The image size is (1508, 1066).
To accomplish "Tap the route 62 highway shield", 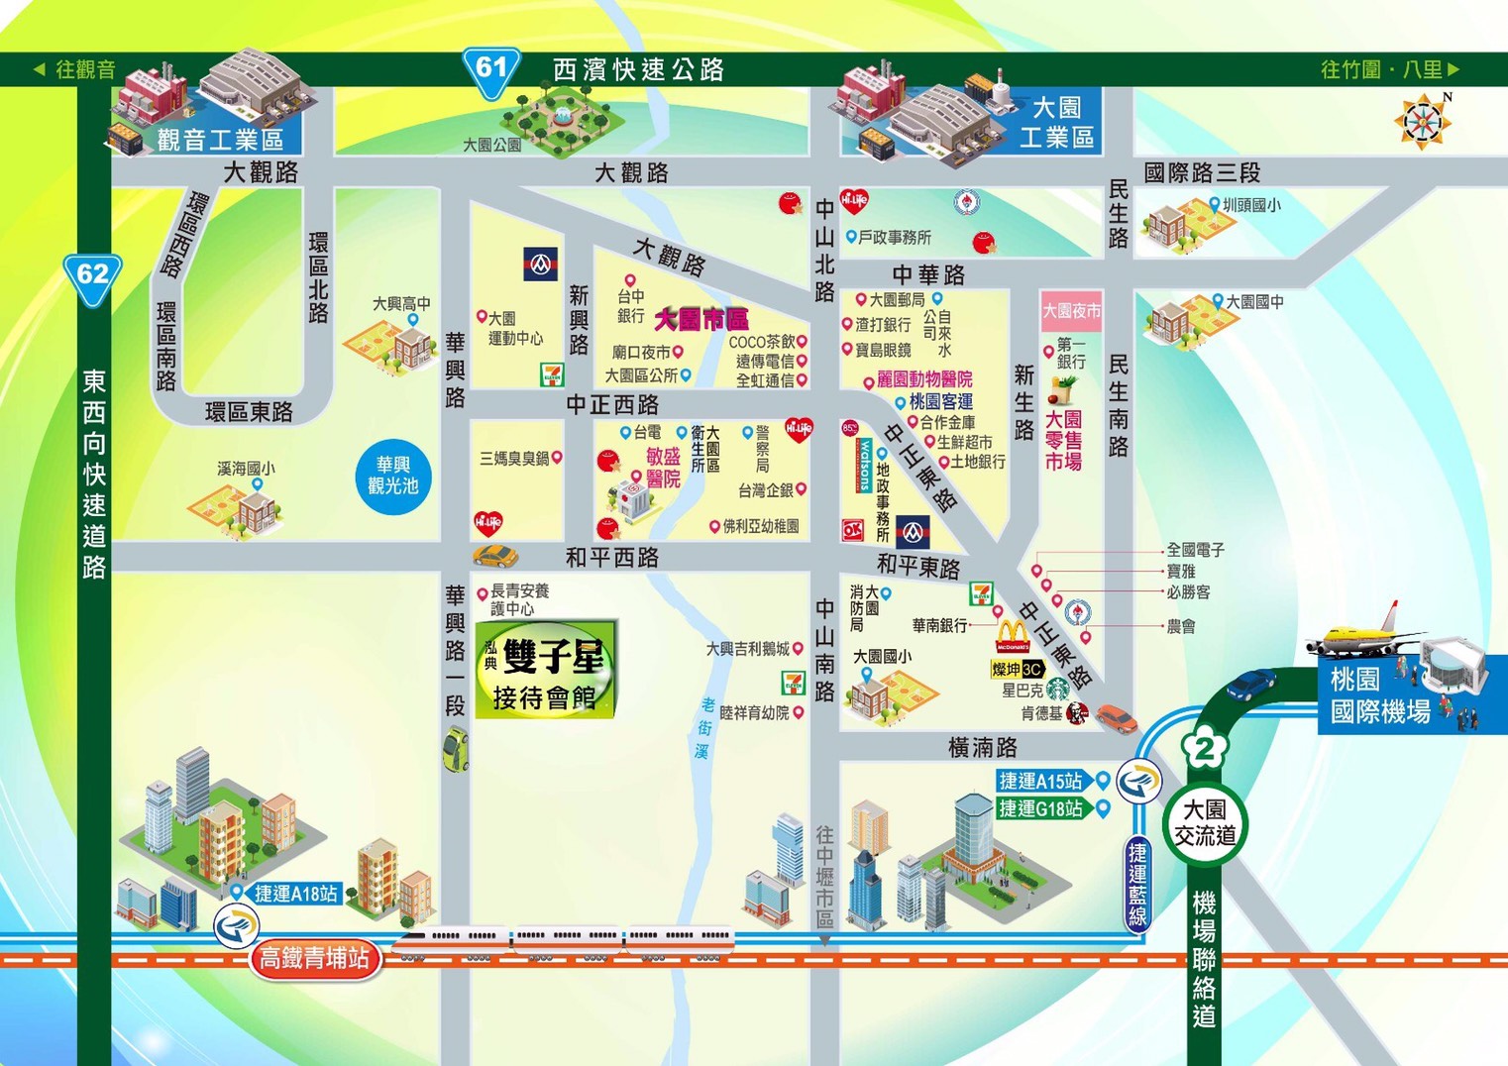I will (x=92, y=276).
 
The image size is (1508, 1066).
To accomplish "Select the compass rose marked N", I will (x=1423, y=122).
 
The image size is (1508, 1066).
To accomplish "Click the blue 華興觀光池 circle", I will (x=393, y=476).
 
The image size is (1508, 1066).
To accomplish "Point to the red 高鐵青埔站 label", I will (x=315, y=958).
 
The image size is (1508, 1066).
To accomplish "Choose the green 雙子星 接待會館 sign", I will (x=547, y=670).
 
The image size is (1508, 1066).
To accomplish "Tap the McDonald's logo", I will (x=1012, y=636).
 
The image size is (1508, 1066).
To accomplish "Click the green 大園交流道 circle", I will (x=1205, y=823).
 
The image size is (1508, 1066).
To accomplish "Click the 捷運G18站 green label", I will (x=1040, y=808).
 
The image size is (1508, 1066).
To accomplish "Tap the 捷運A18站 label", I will (x=295, y=894).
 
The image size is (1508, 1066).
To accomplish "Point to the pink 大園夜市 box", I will (x=1071, y=311).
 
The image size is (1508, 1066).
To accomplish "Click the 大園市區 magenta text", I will (x=701, y=319).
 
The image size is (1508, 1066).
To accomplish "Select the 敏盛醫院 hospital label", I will (x=663, y=468).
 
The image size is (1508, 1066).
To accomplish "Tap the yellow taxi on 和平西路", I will (x=494, y=555).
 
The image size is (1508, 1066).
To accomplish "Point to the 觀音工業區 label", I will (x=220, y=140).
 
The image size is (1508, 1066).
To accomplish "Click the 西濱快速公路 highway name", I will (x=638, y=69).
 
